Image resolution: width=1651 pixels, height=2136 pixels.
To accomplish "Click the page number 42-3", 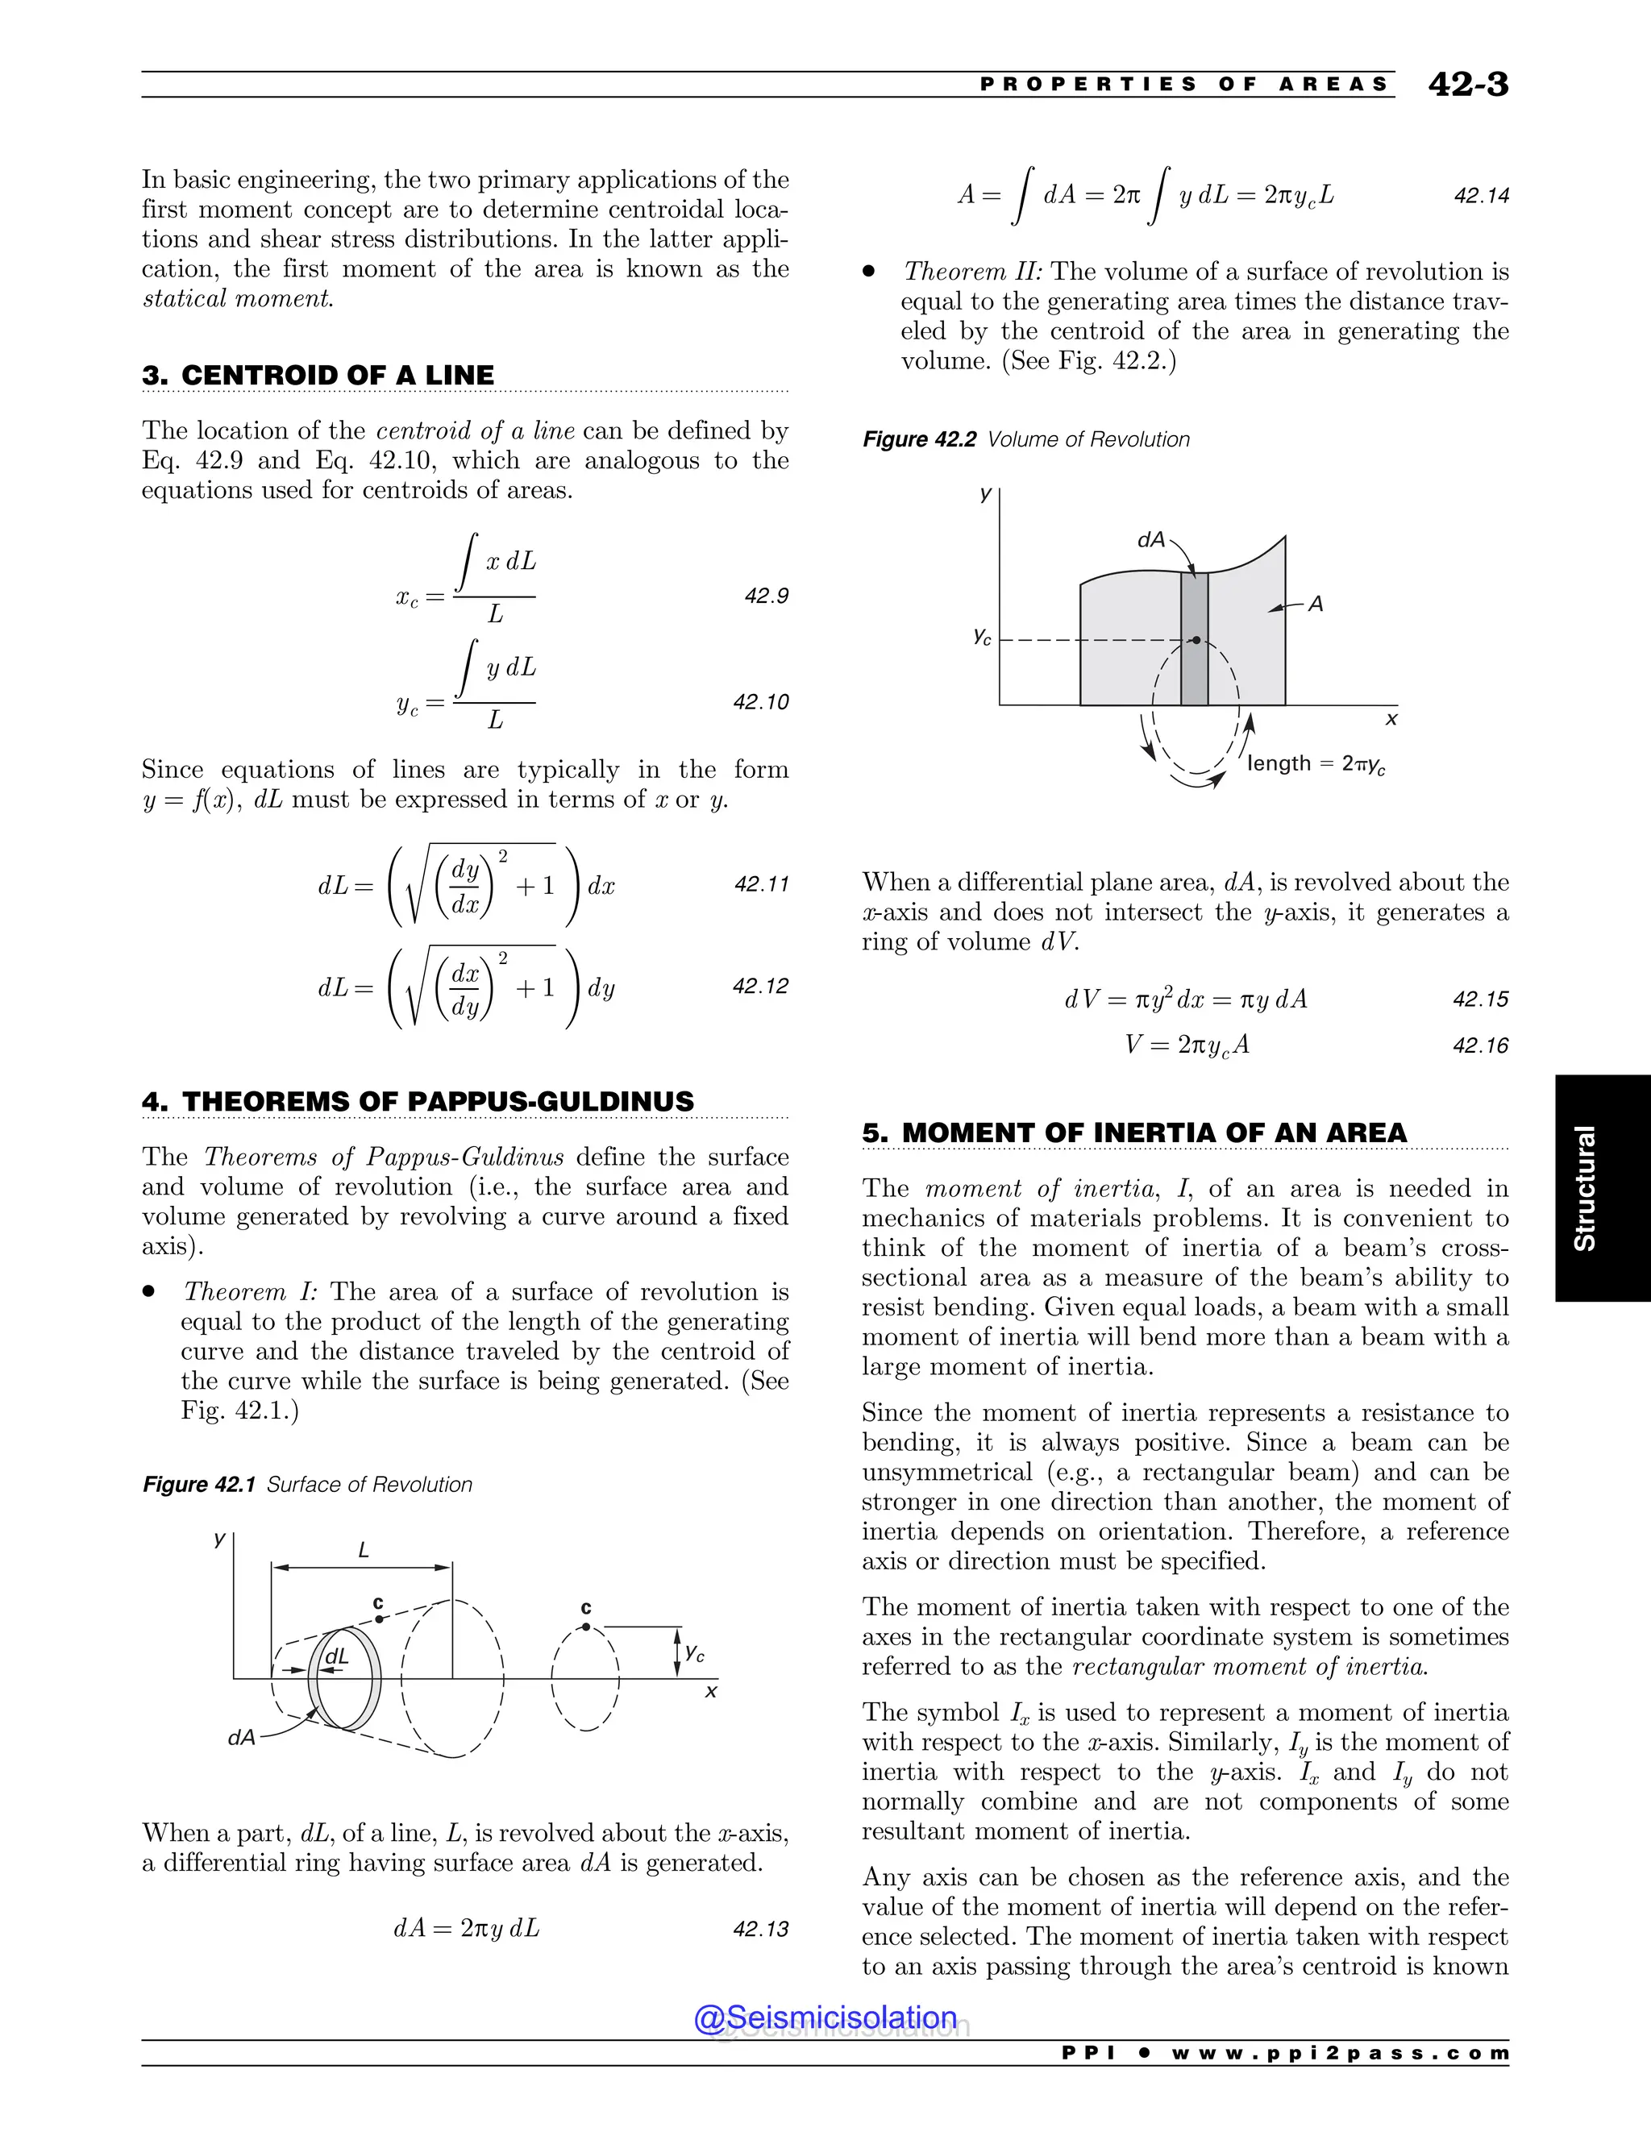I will (x=1467, y=85).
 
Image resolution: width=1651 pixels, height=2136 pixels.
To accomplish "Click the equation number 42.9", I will (x=766, y=596).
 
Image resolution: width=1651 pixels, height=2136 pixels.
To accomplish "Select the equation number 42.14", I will (x=1481, y=196).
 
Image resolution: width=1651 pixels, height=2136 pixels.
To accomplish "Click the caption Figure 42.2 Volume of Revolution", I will (x=1025, y=439).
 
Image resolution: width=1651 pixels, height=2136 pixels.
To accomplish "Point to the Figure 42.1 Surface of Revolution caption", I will (x=307, y=1485).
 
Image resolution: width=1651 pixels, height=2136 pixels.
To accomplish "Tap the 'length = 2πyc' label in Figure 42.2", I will (x=1316, y=764).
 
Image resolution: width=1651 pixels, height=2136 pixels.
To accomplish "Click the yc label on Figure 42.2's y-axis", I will (x=982, y=637).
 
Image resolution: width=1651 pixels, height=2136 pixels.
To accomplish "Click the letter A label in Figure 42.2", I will (x=1316, y=605).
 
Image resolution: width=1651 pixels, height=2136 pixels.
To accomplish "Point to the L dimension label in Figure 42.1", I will (x=363, y=1550).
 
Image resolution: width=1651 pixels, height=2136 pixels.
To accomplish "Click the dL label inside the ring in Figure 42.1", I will (x=336, y=1656).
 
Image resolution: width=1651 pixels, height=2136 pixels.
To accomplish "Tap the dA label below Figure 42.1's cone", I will (x=240, y=1737).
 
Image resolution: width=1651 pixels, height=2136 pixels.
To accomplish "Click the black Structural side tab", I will (x=1602, y=1187).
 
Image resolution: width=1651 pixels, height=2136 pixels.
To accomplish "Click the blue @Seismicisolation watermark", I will (x=825, y=2017).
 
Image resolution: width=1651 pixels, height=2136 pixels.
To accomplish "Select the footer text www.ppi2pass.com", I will (x=1340, y=2053).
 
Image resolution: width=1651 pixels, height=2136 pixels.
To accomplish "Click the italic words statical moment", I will (x=238, y=298).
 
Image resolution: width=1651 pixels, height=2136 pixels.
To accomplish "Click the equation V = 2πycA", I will (x=1187, y=1045).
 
